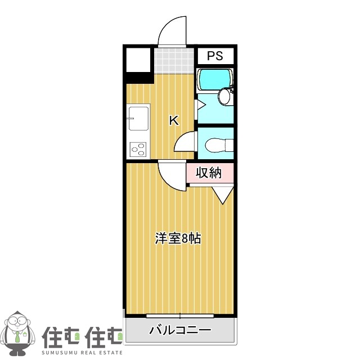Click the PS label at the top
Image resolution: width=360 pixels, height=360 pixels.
215,56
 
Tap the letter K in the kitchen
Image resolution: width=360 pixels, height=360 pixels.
174,120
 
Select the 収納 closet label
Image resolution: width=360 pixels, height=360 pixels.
209,173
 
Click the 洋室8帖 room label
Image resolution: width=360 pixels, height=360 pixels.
178,238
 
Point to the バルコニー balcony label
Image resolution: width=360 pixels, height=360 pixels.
179,330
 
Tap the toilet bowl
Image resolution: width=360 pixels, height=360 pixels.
216,145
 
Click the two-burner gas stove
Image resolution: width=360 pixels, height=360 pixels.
138,149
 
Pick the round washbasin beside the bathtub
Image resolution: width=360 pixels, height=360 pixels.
224,97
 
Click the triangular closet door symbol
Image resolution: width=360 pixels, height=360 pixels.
223,195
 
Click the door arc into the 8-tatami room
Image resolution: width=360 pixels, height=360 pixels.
171,175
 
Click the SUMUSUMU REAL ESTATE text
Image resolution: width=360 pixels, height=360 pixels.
83,352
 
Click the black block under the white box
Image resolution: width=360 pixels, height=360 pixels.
138,78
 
